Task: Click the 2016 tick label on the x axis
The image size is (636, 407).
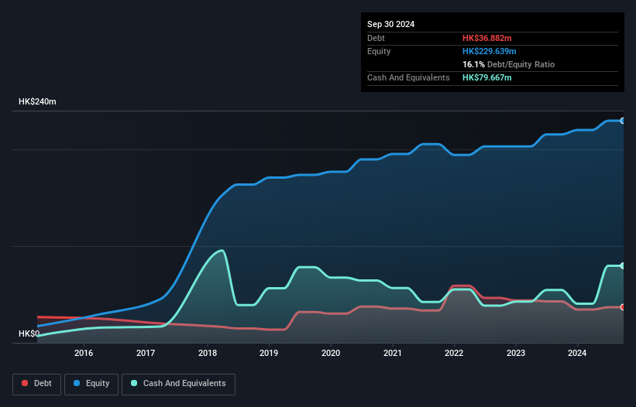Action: click(x=84, y=354)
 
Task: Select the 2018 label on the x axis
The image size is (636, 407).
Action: click(x=207, y=354)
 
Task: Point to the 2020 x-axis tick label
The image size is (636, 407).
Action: click(x=331, y=354)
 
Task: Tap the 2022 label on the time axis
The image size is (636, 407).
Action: click(x=454, y=354)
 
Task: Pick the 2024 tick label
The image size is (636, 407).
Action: click(x=577, y=354)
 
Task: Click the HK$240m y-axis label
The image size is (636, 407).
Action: click(x=37, y=102)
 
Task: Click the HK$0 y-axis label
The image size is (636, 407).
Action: click(x=30, y=333)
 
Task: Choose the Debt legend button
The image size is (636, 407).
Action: click(x=36, y=384)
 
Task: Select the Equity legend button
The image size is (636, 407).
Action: click(x=91, y=384)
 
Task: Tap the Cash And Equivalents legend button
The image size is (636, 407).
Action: click(x=178, y=384)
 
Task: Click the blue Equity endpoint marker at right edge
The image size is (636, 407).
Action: click(x=623, y=121)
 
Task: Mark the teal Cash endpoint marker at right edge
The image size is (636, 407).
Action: click(x=623, y=265)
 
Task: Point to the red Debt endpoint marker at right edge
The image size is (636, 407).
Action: click(x=623, y=307)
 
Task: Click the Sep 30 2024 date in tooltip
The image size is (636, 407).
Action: click(x=391, y=24)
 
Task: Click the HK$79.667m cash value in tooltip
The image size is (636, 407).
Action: click(x=488, y=77)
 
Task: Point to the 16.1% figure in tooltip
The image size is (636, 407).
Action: click(x=473, y=64)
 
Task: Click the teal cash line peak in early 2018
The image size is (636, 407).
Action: click(x=222, y=250)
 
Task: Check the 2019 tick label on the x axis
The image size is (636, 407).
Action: click(x=269, y=354)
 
